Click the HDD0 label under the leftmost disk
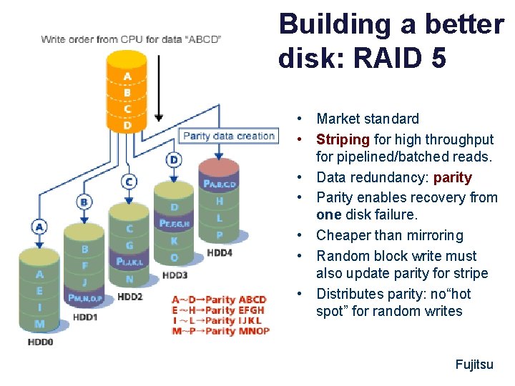pos(39,342)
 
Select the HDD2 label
pos(131,296)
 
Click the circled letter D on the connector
pos(174,159)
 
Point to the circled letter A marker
pos(39,227)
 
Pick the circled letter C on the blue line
pos(129,182)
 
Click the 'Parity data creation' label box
pos(228,136)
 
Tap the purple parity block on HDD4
pos(220,184)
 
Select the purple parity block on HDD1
pos(85,297)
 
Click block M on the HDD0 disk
pos(39,324)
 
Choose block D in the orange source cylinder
pos(127,126)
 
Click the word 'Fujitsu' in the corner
pos(474,365)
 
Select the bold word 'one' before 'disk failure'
pos(329,215)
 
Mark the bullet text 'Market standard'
pos(368,119)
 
